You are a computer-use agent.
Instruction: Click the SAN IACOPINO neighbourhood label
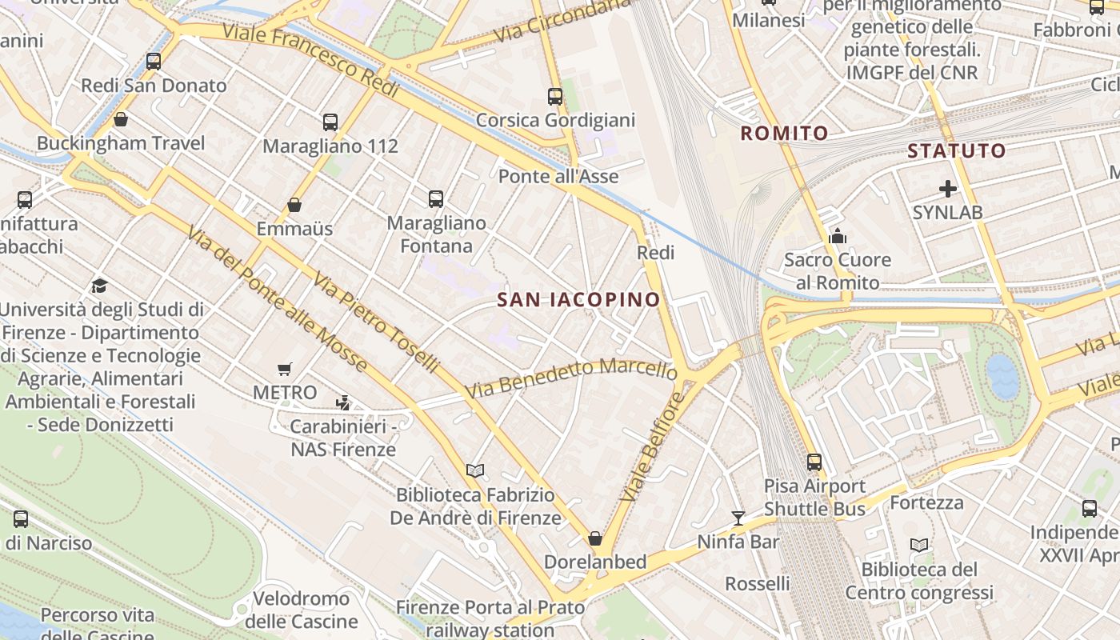point(578,300)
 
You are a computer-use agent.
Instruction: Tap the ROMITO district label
point(784,134)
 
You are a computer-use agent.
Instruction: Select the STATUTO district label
point(956,150)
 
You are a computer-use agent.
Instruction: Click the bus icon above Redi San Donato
point(154,61)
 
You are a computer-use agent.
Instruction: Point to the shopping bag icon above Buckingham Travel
point(121,119)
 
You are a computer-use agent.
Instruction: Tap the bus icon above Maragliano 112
point(330,122)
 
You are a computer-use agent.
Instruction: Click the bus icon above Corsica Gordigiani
point(555,97)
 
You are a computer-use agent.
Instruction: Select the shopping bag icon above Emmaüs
point(294,205)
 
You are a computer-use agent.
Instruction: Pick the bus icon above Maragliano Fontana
point(436,198)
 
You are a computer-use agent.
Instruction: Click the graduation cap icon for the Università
point(99,286)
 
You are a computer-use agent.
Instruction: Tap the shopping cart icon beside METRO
point(285,369)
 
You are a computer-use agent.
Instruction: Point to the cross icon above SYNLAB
point(948,189)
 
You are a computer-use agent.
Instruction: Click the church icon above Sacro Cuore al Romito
point(838,236)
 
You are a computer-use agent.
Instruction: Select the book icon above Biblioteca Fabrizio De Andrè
point(475,470)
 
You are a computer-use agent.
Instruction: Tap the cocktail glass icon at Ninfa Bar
point(738,518)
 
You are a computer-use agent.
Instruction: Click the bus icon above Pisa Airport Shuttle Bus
point(814,462)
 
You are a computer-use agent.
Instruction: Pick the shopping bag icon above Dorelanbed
point(594,538)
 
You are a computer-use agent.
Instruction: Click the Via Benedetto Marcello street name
point(571,378)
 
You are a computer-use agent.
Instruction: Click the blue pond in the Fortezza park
point(1002,375)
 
